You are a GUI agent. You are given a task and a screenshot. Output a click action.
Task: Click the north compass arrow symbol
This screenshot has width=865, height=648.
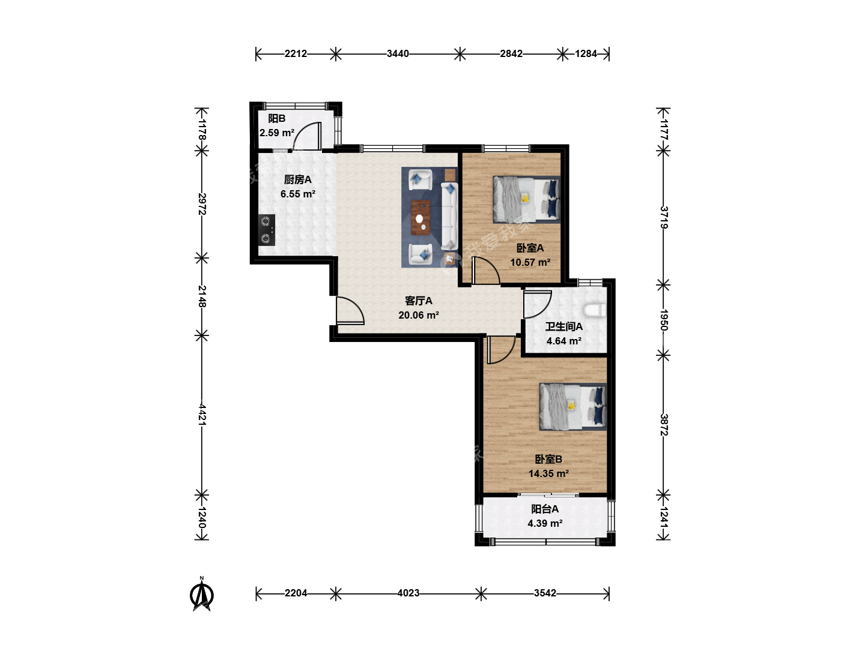[202, 594]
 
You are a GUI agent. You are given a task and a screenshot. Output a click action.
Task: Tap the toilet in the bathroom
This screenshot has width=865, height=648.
[595, 310]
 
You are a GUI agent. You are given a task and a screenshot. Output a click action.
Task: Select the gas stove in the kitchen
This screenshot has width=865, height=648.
[266, 230]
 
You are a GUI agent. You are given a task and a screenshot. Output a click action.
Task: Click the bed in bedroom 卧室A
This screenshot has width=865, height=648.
[526, 199]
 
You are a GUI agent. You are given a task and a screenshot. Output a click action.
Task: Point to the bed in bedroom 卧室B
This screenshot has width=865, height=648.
[572, 407]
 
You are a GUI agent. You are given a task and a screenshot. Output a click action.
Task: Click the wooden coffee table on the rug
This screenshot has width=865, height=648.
[420, 218]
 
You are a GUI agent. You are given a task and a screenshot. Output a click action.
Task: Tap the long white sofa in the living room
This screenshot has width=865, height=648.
[449, 216]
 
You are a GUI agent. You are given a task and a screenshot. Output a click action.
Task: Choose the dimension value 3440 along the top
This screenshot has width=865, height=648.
[398, 53]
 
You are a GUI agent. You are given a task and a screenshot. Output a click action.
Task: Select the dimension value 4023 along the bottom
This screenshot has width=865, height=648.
[408, 593]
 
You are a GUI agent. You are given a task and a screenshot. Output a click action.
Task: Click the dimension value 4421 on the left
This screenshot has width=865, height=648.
[202, 414]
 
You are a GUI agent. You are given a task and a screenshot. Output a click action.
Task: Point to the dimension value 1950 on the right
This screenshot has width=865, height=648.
[664, 320]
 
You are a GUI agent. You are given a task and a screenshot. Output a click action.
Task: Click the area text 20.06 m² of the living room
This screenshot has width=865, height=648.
[419, 315]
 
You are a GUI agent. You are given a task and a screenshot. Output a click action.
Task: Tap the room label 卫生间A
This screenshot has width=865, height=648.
[563, 326]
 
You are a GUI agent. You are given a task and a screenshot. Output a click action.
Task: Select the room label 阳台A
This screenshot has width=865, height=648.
[545, 509]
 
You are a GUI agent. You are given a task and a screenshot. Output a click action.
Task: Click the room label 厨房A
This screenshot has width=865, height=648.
[297, 180]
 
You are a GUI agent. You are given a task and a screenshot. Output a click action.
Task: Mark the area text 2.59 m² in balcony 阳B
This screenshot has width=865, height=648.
[277, 133]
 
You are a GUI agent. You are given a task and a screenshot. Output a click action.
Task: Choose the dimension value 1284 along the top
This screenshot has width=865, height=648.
[586, 53]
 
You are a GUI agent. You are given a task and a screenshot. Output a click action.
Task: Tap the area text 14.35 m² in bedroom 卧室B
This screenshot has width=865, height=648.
[548, 473]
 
